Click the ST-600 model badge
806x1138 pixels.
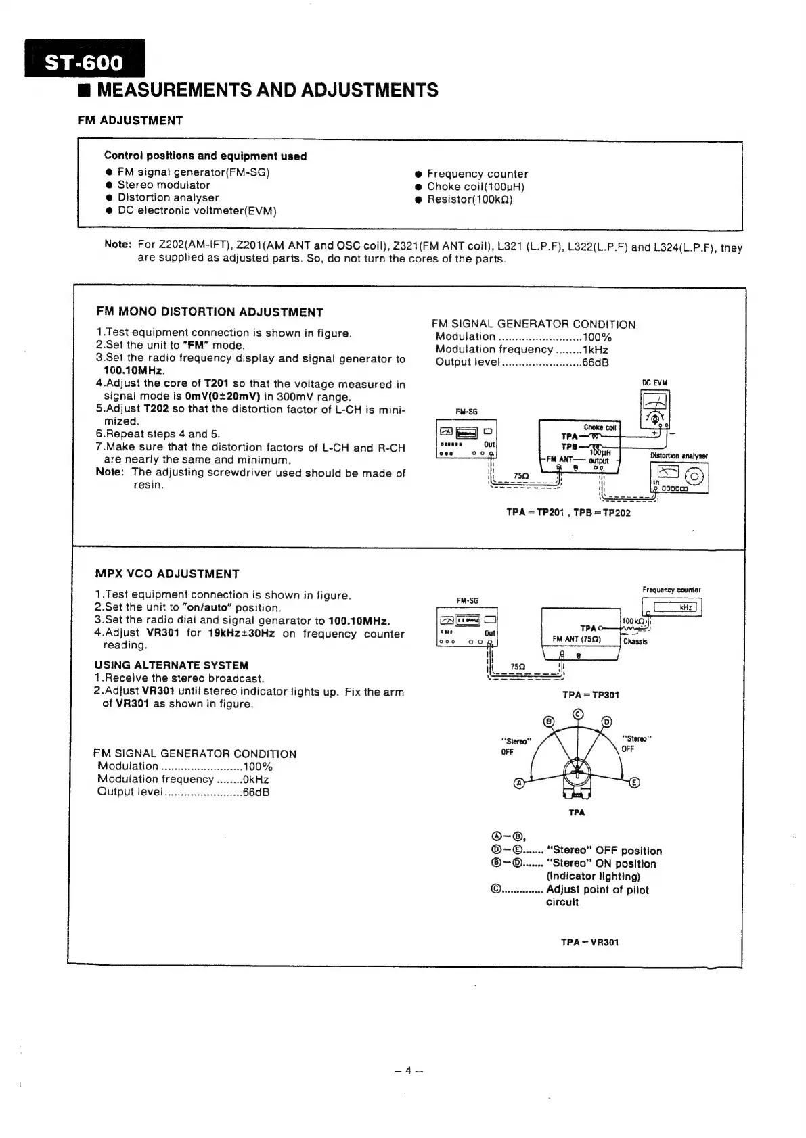(x=85, y=62)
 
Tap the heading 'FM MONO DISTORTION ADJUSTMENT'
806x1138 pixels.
(x=210, y=312)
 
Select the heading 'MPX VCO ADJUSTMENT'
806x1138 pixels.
(x=167, y=574)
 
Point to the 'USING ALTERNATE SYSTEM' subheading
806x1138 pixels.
(x=171, y=665)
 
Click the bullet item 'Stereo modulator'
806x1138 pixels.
(x=163, y=185)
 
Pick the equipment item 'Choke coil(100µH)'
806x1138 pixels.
(x=475, y=187)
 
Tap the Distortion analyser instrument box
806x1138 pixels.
(x=679, y=477)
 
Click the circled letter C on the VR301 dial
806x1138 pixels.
(x=577, y=715)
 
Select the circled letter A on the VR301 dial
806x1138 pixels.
(x=519, y=783)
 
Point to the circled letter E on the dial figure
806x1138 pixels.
(x=634, y=783)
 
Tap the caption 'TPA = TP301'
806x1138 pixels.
(x=590, y=695)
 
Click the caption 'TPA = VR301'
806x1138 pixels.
(x=589, y=942)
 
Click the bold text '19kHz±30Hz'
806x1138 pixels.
(x=241, y=634)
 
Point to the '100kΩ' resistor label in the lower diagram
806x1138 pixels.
(x=633, y=621)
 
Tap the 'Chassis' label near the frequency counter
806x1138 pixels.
(x=635, y=642)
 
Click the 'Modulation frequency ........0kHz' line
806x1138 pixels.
(x=183, y=779)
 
